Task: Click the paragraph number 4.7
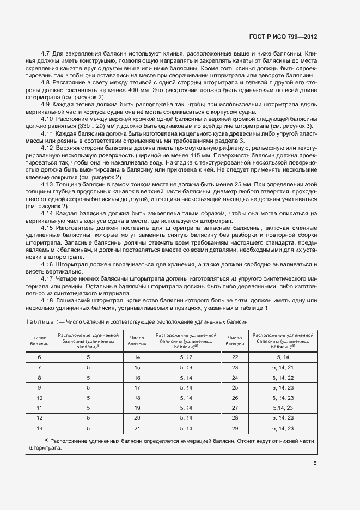click(46, 54)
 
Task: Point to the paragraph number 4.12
click(48, 148)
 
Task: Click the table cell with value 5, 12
click(186, 357)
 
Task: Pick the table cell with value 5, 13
click(186, 367)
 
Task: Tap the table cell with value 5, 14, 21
click(283, 367)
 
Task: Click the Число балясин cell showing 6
click(39, 357)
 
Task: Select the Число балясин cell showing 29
click(235, 428)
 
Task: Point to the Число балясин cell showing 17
click(137, 387)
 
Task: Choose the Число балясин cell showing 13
click(39, 428)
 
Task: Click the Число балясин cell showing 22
click(235, 357)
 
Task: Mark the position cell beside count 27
click(283, 408)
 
